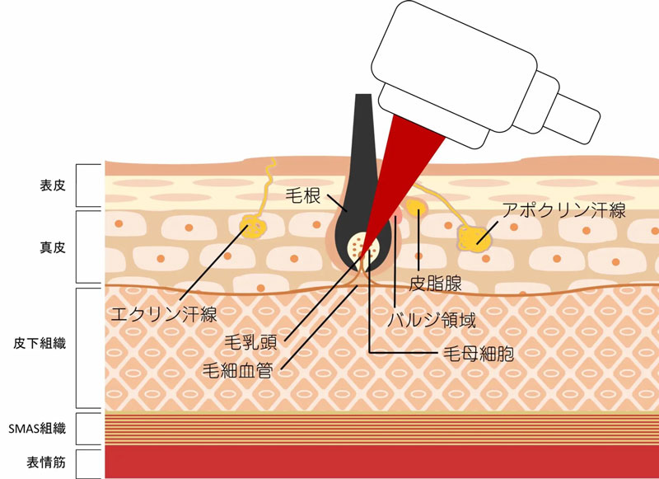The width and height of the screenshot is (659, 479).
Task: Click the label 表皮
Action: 53,185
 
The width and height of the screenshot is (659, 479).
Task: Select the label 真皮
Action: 53,247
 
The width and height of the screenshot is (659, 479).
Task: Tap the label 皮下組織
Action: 40,343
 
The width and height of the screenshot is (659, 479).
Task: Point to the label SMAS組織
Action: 37,429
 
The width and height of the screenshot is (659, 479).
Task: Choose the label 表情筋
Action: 46,463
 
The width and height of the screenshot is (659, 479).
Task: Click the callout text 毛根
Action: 303,195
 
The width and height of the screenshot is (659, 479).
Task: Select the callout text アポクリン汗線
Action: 564,210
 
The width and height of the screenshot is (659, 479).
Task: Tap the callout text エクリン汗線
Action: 163,314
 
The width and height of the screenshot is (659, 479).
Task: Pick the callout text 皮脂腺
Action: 436,284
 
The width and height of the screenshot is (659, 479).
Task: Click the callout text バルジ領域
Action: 432,321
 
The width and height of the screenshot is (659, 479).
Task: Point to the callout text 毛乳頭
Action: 251,343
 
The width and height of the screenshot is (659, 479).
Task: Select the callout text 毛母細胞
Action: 479,355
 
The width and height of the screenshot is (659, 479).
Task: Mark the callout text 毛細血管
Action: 237,370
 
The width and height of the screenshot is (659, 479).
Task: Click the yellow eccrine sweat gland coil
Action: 253,228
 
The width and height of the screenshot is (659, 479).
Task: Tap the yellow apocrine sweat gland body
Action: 474,239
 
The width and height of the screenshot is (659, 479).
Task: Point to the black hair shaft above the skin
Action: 363,126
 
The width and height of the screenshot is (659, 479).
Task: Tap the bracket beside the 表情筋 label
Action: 89,463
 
